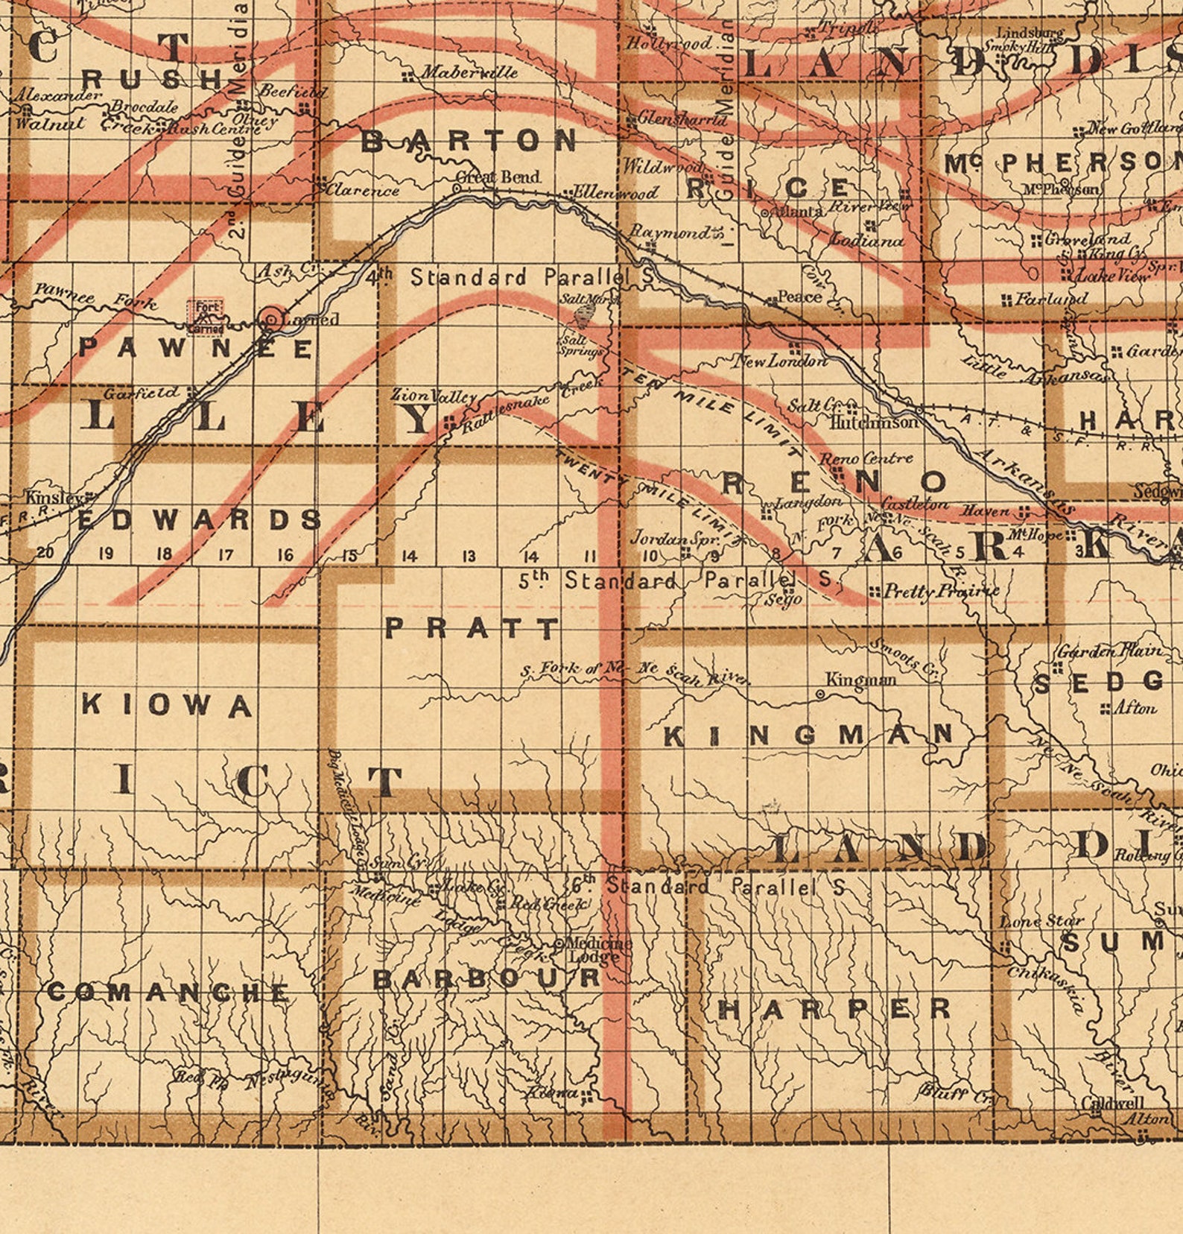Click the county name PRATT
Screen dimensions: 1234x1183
pyautogui.click(x=472, y=628)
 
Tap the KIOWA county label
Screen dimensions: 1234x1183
pyautogui.click(x=167, y=704)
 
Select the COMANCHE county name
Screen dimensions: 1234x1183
pyautogui.click(x=168, y=992)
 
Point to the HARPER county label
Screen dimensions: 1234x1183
pyautogui.click(x=834, y=1010)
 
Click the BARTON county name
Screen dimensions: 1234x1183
pyautogui.click(x=469, y=140)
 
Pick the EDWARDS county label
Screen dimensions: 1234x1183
pyautogui.click(x=200, y=519)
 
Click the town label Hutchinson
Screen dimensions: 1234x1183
pyautogui.click(x=875, y=422)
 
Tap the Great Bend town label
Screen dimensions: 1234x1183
pyautogui.click(x=498, y=177)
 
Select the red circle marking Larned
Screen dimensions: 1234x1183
pyautogui.click(x=272, y=320)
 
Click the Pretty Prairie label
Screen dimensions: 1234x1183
pyautogui.click(x=941, y=592)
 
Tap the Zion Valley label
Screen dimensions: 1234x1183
pyautogui.click(x=433, y=396)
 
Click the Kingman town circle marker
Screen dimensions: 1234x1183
pyautogui.click(x=820, y=694)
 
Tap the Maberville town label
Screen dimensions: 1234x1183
pyautogui.click(x=469, y=72)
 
